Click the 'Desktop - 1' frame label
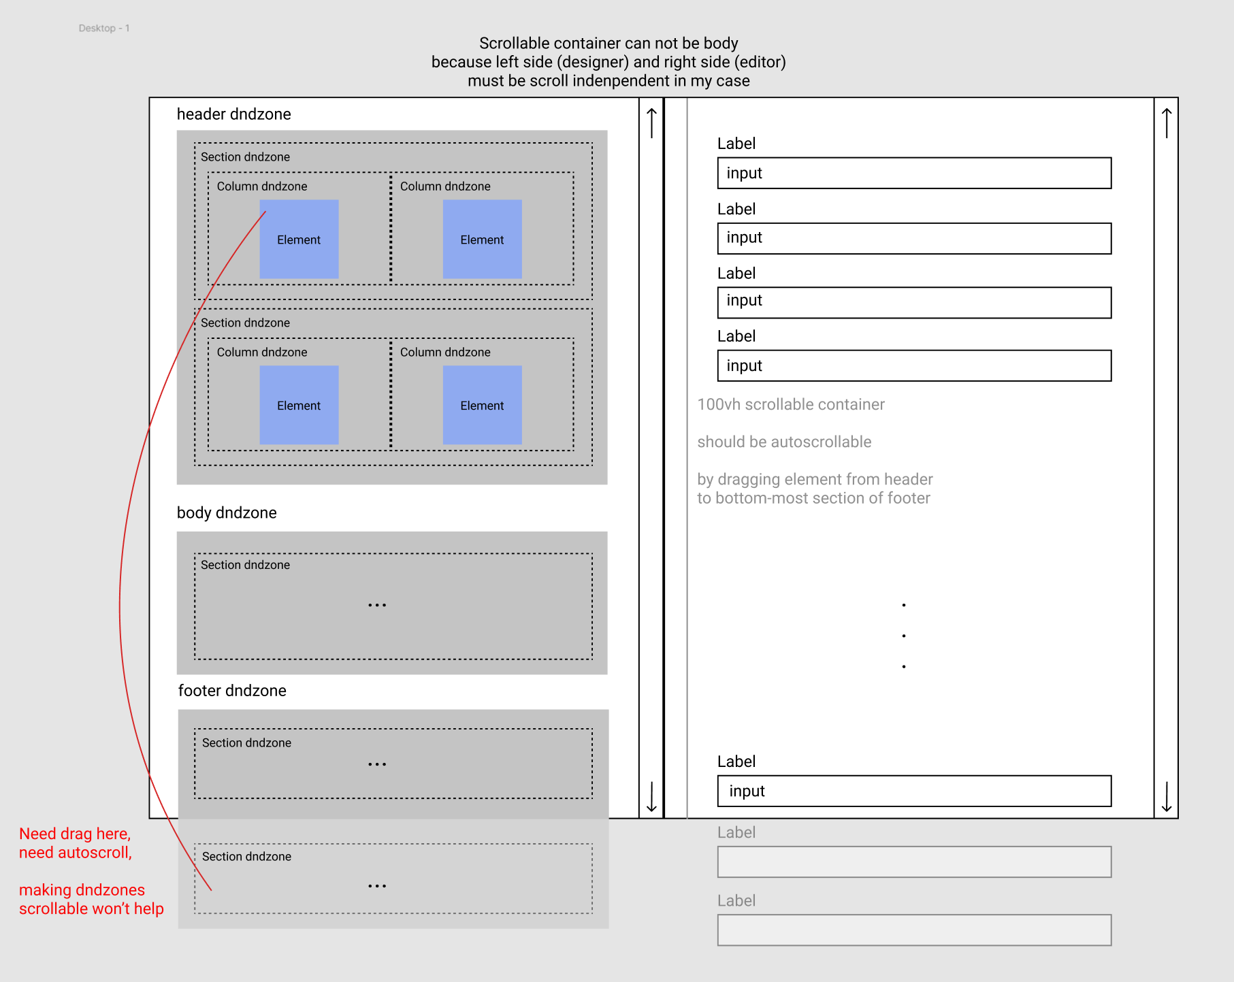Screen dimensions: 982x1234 click(x=103, y=28)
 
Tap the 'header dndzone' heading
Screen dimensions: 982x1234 click(x=233, y=114)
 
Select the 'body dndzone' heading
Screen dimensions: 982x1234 click(x=227, y=513)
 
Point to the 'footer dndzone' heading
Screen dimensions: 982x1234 click(x=232, y=691)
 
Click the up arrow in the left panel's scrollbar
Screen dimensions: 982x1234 click(x=651, y=122)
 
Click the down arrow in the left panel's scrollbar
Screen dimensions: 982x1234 click(x=651, y=797)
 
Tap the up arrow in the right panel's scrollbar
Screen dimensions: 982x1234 click(x=1167, y=122)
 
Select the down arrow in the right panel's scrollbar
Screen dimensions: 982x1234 click(x=1167, y=797)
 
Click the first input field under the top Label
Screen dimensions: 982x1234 click(x=914, y=174)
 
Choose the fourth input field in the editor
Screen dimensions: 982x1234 click(x=914, y=366)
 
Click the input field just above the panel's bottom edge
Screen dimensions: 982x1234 click(x=914, y=791)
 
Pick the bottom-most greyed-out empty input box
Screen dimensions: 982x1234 click(x=914, y=930)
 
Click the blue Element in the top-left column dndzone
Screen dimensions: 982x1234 click(x=299, y=240)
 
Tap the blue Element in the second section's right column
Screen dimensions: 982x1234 click(x=482, y=406)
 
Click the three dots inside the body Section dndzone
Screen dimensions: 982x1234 click(x=377, y=605)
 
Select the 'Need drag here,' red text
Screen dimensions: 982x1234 click(x=75, y=834)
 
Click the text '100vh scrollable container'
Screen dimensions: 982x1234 click(x=791, y=405)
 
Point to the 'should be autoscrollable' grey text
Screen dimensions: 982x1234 click(x=784, y=442)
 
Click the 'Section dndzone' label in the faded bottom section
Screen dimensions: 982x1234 click(x=246, y=857)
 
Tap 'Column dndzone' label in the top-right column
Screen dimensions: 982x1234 click(x=445, y=186)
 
